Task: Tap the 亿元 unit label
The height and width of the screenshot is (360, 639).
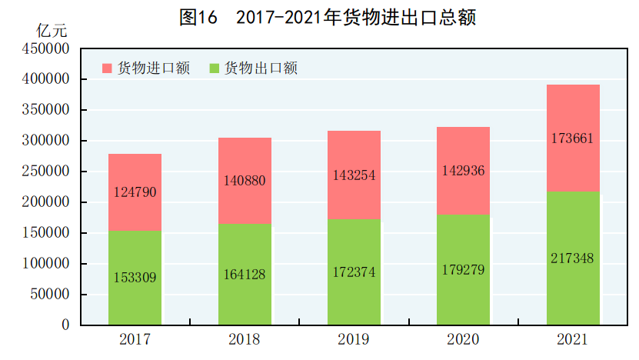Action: coord(52,32)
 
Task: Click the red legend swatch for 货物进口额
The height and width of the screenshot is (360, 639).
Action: coord(107,68)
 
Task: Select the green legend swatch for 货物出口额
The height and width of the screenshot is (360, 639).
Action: coord(214,68)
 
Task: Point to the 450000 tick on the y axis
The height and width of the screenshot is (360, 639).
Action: coord(46,48)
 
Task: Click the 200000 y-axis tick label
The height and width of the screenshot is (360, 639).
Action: coord(46,202)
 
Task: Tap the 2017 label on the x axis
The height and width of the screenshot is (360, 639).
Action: coord(135,339)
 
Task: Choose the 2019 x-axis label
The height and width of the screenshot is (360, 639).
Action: coord(354,339)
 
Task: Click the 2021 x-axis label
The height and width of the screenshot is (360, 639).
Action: coord(573,339)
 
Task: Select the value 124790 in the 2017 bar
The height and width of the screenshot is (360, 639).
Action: coord(135,192)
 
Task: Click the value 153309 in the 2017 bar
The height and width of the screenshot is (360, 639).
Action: coord(135,278)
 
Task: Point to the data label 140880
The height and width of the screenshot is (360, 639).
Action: coord(245,182)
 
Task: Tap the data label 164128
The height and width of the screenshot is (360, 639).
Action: coord(245,274)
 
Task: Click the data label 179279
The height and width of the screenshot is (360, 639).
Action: coord(464,269)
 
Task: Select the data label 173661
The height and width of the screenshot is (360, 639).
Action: coord(573,138)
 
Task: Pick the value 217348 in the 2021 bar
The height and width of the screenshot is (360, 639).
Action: coord(573,258)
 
